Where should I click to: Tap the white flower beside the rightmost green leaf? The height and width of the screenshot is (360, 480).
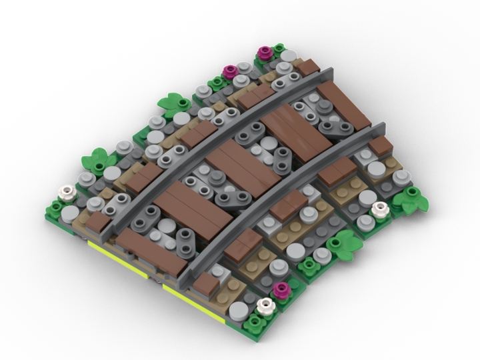pyautogui.click(x=379, y=209)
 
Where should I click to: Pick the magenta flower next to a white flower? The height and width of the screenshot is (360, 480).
pyautogui.click(x=282, y=288)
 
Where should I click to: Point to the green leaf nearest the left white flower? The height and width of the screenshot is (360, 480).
pyautogui.click(x=95, y=160)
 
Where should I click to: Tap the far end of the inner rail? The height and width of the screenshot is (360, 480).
pyautogui.click(x=382, y=126)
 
